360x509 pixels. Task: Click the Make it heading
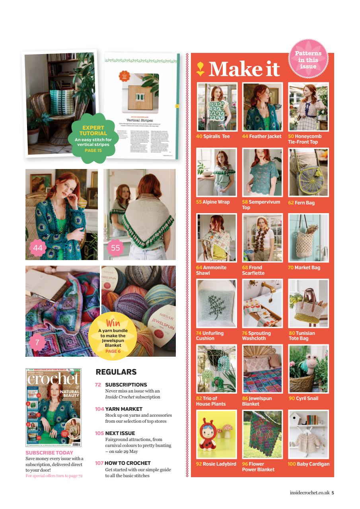(244, 69)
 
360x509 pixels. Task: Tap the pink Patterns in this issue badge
(308, 60)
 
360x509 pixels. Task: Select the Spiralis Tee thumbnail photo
(217, 107)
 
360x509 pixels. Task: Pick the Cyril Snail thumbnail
(309, 369)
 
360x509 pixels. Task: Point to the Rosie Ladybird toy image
(217, 434)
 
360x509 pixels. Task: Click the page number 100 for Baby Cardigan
(292, 464)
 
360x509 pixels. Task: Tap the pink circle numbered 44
(38, 248)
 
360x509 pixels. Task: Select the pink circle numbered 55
(115, 248)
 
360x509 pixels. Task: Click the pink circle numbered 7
(37, 342)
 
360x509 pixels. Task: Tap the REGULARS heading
(116, 372)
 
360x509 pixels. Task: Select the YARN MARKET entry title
(124, 409)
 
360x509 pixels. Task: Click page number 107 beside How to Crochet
(99, 463)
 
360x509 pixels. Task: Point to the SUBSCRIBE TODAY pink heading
(49, 453)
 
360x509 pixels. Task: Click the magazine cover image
(53, 407)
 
